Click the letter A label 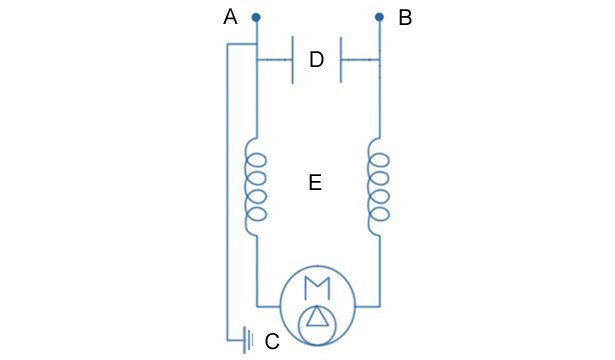click(x=230, y=17)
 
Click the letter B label click(x=405, y=18)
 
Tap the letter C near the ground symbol click(x=272, y=341)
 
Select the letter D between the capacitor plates click(x=317, y=60)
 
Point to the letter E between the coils click(x=315, y=183)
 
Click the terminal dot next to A click(x=256, y=17)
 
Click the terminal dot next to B click(x=379, y=17)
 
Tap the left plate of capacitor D click(x=293, y=60)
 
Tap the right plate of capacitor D click(x=341, y=60)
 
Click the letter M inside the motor click(x=317, y=288)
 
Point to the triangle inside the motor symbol click(x=317, y=316)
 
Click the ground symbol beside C click(x=248, y=340)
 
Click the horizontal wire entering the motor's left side click(x=269, y=306)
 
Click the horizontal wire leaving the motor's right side click(x=367, y=306)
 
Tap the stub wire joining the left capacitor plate click(x=274, y=60)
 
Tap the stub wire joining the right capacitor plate click(x=360, y=60)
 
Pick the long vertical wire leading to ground click(x=227, y=192)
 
